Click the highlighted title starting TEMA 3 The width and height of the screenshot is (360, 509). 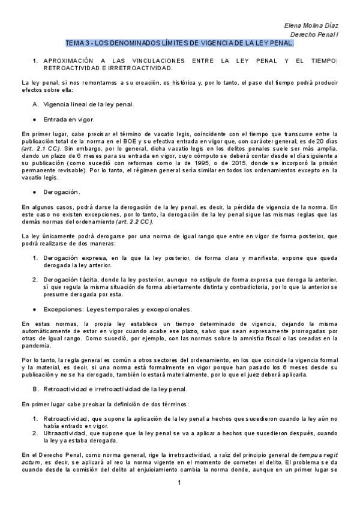tap(179, 44)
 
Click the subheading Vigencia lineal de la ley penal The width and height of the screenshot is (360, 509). tap(92, 104)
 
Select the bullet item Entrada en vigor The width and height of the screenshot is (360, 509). tap(68, 119)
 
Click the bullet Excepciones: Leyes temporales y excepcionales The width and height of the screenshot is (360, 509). tap(117, 309)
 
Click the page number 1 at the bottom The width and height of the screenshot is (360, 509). tap(179, 483)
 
